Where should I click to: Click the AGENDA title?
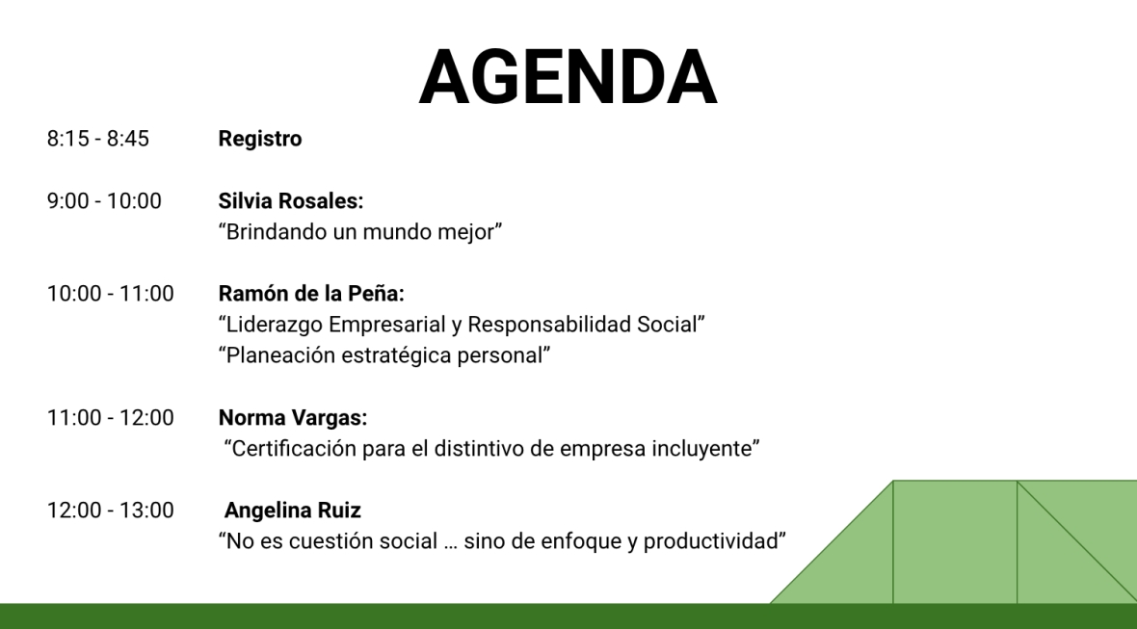pyautogui.click(x=568, y=77)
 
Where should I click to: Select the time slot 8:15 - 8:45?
pyautogui.click(x=98, y=139)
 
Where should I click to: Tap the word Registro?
pyautogui.click(x=260, y=139)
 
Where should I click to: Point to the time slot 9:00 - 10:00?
pyautogui.click(x=104, y=200)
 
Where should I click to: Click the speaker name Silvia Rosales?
pyautogui.click(x=291, y=200)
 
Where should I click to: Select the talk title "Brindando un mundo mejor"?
pyautogui.click(x=360, y=232)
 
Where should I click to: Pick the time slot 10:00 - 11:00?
pyautogui.click(x=110, y=294)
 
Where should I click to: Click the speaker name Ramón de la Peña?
pyautogui.click(x=311, y=294)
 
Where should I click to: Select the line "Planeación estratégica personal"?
pyautogui.click(x=384, y=355)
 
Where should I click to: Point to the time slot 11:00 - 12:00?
pyautogui.click(x=110, y=417)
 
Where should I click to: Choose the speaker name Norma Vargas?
pyautogui.click(x=293, y=417)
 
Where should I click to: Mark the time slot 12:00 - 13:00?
pyautogui.click(x=110, y=511)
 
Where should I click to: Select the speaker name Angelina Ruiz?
pyautogui.click(x=292, y=511)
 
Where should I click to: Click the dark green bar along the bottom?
pyautogui.click(x=568, y=616)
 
